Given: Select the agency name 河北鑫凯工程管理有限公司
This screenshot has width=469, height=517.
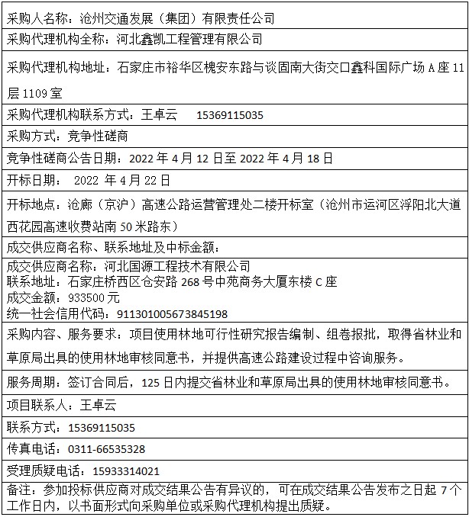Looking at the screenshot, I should (190, 39).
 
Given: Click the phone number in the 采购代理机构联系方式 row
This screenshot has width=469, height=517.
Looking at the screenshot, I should (230, 115).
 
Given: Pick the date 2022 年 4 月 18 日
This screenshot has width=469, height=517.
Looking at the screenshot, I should (286, 159).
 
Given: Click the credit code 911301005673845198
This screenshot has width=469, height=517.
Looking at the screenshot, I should (172, 313).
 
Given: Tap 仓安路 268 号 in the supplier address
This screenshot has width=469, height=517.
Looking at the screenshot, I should (189, 282).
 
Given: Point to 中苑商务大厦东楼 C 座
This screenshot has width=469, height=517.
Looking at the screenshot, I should (285, 282).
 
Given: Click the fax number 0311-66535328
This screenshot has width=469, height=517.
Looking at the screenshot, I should (106, 449).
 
